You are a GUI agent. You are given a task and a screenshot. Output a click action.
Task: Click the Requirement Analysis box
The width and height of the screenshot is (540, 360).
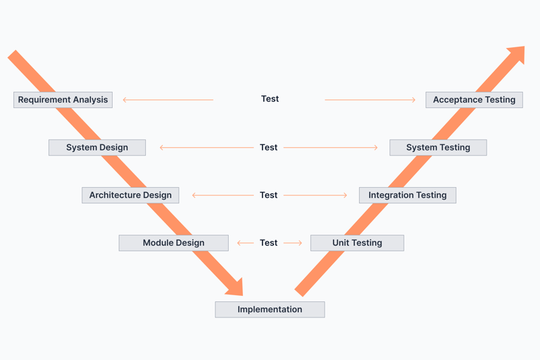tap(63, 100)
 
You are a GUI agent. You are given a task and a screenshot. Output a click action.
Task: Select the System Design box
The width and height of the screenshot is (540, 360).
tap(97, 147)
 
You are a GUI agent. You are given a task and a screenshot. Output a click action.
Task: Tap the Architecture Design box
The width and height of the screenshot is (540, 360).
tap(130, 195)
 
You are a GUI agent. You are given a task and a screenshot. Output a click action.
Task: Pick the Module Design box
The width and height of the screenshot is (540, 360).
tap(173, 243)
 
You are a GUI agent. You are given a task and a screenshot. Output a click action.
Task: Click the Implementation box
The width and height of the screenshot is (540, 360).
tap(270, 309)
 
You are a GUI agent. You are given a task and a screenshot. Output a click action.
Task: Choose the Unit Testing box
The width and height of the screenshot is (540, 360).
tap(357, 243)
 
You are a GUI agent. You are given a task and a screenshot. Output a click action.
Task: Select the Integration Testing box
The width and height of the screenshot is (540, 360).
tap(408, 195)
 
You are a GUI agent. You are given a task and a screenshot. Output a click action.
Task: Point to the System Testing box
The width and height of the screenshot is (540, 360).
tap(438, 147)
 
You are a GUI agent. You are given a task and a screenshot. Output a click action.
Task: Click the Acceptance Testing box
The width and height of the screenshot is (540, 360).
tap(475, 100)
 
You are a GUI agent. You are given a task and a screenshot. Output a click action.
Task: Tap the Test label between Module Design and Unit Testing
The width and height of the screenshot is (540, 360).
tap(269, 243)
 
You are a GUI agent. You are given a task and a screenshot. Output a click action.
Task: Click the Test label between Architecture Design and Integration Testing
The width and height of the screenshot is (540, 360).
tap(269, 195)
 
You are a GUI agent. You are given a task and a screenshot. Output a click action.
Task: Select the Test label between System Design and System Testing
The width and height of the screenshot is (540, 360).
tap(269, 147)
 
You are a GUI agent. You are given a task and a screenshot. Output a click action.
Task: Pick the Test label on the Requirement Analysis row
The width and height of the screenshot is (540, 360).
tap(270, 99)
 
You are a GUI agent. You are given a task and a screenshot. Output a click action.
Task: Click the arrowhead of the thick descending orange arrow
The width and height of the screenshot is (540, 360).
tap(235, 288)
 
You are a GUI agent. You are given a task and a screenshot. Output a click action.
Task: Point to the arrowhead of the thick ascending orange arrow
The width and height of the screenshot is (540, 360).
tap(516, 55)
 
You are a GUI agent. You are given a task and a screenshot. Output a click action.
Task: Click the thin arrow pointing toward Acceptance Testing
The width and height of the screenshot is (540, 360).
tap(370, 100)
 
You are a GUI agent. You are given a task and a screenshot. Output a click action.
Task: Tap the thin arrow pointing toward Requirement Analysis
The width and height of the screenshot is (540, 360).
tap(168, 100)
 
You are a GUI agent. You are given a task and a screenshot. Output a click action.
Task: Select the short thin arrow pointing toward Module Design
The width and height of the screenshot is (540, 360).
tap(245, 243)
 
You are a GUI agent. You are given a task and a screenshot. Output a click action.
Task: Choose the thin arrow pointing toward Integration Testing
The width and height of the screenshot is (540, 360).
tap(315, 195)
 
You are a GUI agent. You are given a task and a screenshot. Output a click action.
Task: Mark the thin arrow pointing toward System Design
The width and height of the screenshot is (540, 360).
tap(207, 147)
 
